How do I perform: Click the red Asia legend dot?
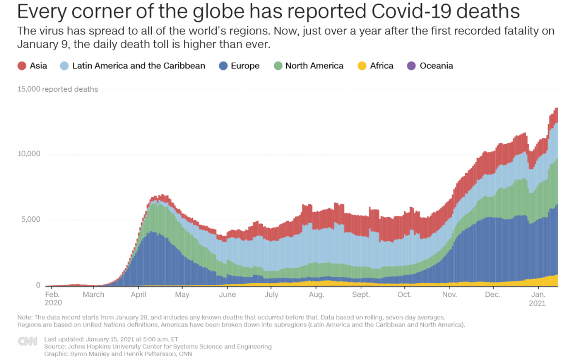point(22,65)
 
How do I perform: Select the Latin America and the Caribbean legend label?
point(138,65)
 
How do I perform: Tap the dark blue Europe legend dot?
point(223,65)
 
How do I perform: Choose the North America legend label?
point(314,65)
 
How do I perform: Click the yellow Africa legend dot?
point(362,65)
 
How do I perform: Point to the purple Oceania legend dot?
point(412,65)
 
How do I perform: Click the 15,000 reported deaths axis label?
point(58,89)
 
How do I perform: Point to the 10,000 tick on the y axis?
point(30,154)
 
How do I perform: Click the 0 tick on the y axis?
point(38,285)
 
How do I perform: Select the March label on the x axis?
point(94,295)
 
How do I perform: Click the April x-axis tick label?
point(139,295)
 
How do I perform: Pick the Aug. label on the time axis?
point(316,295)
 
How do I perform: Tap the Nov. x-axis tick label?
point(450,295)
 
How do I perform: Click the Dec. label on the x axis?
point(493,295)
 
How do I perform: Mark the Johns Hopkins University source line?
point(158,346)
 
